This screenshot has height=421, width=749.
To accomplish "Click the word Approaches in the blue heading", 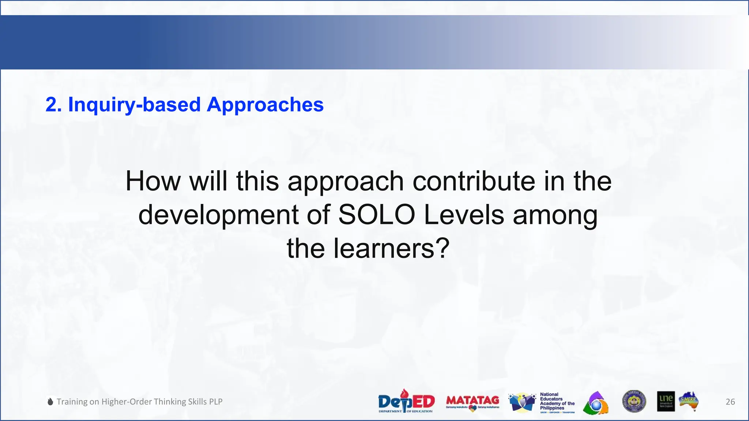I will [x=265, y=105].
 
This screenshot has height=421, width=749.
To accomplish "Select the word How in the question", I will [x=153, y=181].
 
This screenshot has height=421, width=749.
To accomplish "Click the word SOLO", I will [x=376, y=215].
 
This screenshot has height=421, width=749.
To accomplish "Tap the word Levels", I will [x=464, y=215].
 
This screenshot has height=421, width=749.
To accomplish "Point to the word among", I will [x=555, y=216].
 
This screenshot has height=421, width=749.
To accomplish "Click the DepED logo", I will [x=406, y=401].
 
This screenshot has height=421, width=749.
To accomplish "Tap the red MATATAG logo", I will [x=473, y=401].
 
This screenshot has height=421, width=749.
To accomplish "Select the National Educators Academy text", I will [x=557, y=401].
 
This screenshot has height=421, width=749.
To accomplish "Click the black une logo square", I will [x=666, y=401].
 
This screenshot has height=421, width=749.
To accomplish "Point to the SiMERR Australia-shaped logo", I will [x=689, y=401].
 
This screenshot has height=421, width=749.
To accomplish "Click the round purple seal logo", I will [x=634, y=401].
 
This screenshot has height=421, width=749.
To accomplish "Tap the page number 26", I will [x=730, y=402].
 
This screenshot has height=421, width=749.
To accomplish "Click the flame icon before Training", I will [x=50, y=402].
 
